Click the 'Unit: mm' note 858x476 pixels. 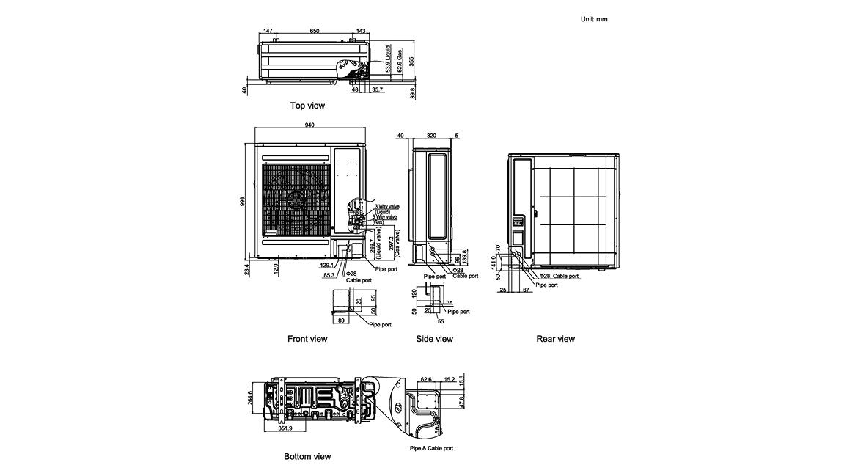tap(594, 19)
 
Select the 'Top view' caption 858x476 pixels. tap(307, 106)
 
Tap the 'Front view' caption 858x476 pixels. tap(308, 339)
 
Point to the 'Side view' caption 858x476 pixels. tap(434, 339)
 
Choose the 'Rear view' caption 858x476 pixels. tap(555, 339)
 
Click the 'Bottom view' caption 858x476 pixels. tap(307, 456)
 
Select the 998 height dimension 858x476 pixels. tap(243, 201)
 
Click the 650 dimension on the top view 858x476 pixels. tap(314, 32)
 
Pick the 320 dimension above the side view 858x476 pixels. tap(431, 136)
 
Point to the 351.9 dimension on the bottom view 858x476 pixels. tap(285, 428)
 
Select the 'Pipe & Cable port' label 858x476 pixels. tap(431, 448)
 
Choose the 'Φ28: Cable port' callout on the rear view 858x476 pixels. tap(559, 277)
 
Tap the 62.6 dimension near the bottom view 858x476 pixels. tap(425, 380)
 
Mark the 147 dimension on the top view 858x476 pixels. tap(268, 32)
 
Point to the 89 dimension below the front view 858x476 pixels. tap(340, 320)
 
